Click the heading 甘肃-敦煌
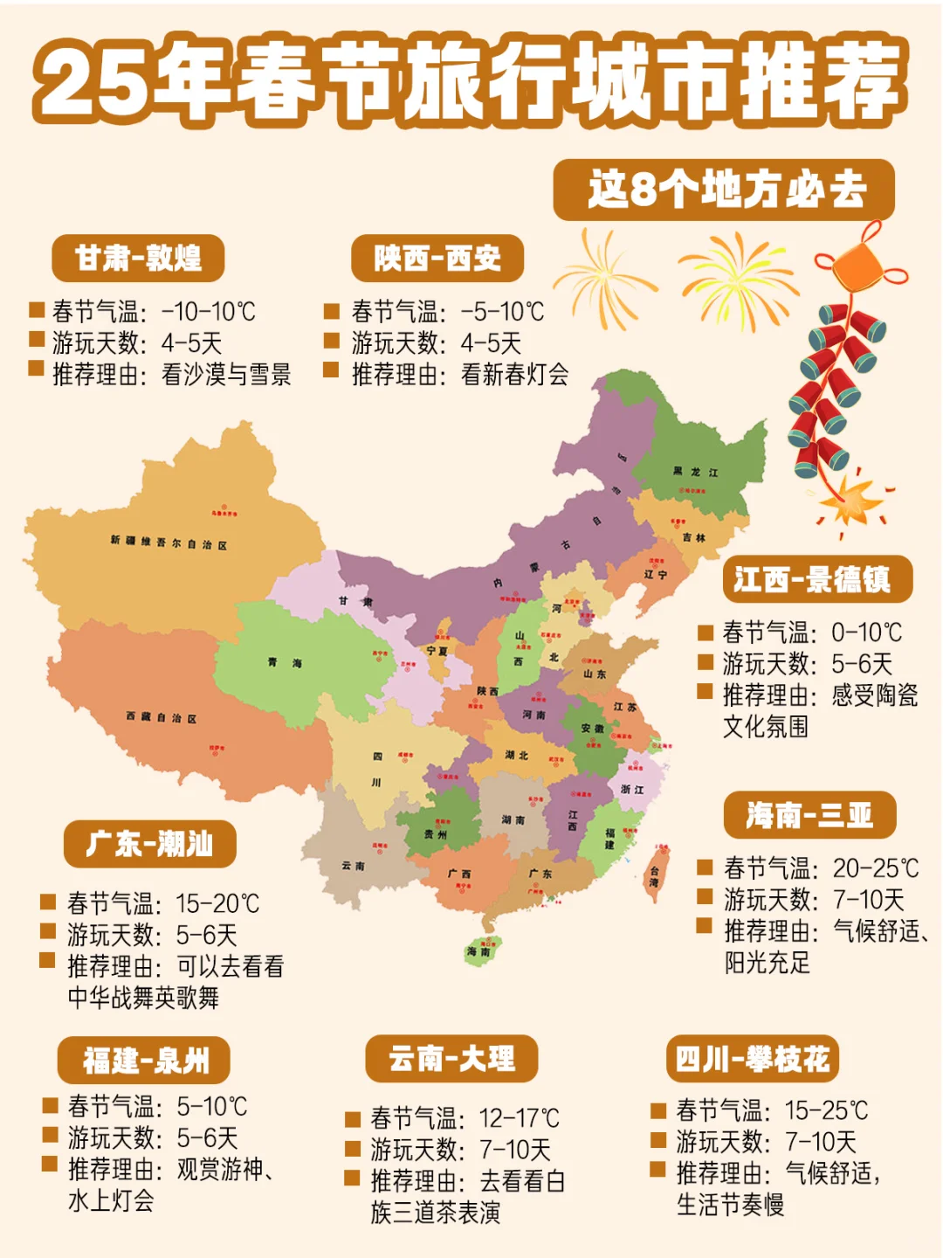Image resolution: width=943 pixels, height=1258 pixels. click(138, 258)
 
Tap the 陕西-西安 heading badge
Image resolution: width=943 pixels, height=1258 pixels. click(437, 258)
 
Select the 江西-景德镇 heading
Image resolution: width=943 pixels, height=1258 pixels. click(817, 579)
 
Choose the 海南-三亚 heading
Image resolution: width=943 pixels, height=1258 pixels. click(809, 815)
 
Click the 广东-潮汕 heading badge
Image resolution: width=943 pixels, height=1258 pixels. click(149, 844)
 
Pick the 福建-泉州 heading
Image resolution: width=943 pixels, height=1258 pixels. click(144, 1061)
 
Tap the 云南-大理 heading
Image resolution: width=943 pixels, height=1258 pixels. click(451, 1059)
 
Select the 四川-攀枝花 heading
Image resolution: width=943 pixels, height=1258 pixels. click(752, 1059)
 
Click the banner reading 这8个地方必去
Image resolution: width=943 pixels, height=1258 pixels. click(724, 190)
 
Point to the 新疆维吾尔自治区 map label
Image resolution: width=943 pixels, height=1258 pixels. click(169, 543)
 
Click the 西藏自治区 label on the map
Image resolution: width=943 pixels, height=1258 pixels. click(162, 717)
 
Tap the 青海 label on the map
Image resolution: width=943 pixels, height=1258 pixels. click(285, 663)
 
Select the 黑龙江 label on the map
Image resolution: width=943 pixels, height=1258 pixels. click(695, 472)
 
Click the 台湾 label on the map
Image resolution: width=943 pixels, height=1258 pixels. click(654, 876)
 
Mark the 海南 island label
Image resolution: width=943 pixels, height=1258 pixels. click(478, 951)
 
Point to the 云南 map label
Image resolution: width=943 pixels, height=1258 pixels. click(353, 866)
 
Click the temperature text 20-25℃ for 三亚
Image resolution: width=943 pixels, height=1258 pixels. click(875, 868)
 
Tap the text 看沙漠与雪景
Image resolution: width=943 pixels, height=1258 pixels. click(226, 375)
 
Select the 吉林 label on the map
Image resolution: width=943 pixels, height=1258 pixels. click(694, 538)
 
